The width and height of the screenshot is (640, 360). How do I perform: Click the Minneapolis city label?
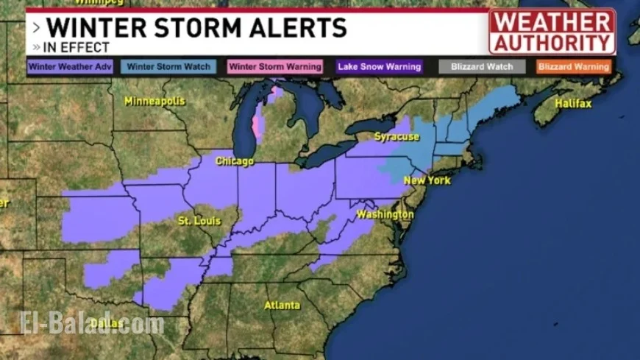[155, 101]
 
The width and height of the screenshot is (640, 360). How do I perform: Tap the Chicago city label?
[234, 160]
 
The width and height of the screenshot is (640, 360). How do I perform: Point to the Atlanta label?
[282, 305]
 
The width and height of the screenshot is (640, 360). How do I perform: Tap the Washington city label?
[385, 214]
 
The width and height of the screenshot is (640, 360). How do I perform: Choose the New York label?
[427, 180]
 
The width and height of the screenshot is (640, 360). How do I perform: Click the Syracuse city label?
[397, 137]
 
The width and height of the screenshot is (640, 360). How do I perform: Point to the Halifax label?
[573, 104]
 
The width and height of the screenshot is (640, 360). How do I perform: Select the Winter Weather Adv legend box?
[71, 66]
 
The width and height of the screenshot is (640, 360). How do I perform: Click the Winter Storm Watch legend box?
[169, 66]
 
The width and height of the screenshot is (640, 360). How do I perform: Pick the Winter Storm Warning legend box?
[275, 66]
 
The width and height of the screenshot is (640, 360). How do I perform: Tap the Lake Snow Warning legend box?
[380, 66]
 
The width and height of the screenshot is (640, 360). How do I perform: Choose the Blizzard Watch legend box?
[482, 66]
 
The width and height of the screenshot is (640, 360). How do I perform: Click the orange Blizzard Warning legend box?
[573, 66]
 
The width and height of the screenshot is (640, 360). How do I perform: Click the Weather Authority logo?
[552, 31]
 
